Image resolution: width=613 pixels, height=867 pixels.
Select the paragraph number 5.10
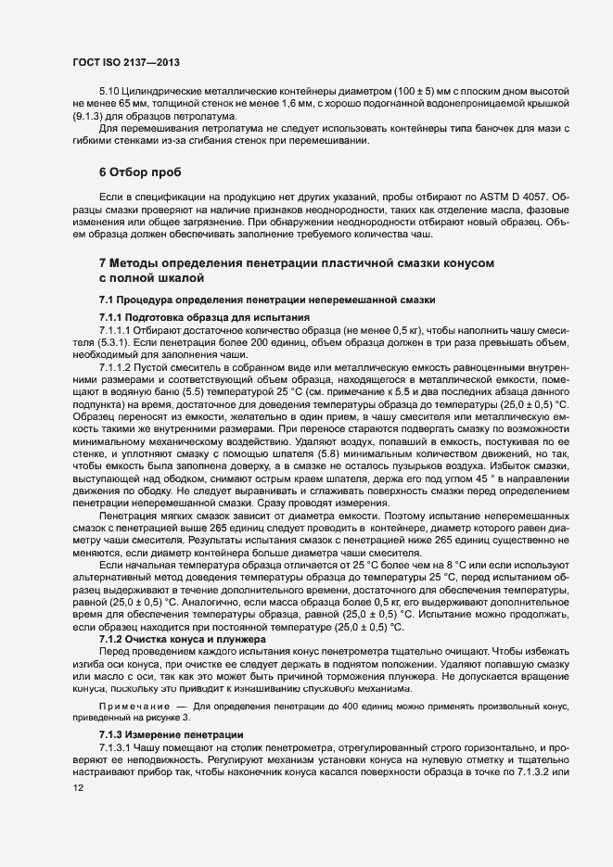click(x=109, y=96)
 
